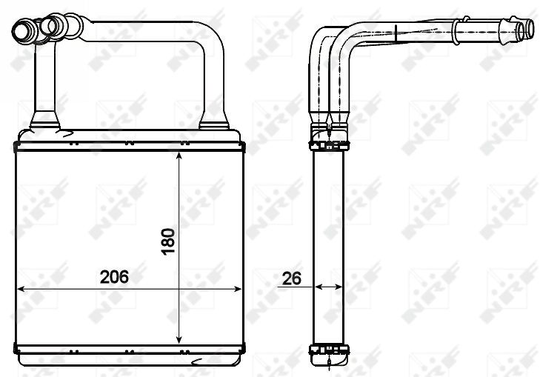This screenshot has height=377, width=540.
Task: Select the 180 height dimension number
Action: [168, 242]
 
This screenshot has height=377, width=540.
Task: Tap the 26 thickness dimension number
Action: [291, 278]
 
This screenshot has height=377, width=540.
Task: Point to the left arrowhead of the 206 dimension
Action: [21, 289]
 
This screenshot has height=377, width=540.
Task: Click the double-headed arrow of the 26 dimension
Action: [328, 286]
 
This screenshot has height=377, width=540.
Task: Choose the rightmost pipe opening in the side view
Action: [527, 30]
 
